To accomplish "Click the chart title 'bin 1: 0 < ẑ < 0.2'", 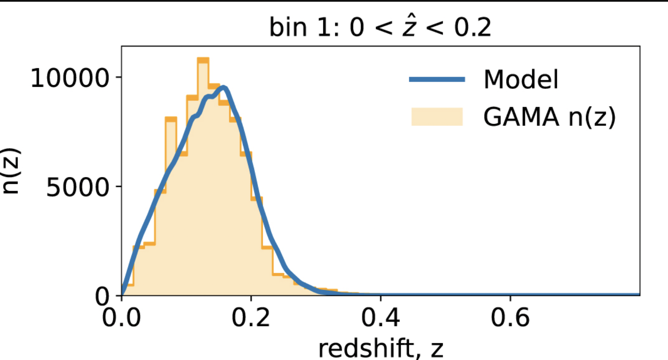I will pyautogui.click(x=380, y=27).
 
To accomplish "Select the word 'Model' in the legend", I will pyautogui.click(x=521, y=79).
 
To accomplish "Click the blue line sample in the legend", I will pyautogui.click(x=437, y=79).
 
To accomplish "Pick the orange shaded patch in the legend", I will pyautogui.click(x=437, y=116).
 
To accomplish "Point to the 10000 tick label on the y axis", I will pyautogui.click(x=70, y=78).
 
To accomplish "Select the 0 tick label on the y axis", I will pyautogui.click(x=102, y=296).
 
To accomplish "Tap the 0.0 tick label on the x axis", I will pyautogui.click(x=122, y=318).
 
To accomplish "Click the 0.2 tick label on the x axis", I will pyautogui.click(x=251, y=318).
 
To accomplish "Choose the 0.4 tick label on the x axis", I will pyautogui.click(x=380, y=318).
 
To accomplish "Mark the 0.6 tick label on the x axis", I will pyautogui.click(x=510, y=318).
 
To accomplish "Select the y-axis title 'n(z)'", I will pyautogui.click(x=11, y=171).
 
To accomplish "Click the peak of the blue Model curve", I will pyautogui.click(x=224, y=88).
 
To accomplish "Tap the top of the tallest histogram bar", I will pyautogui.click(x=203, y=60).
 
